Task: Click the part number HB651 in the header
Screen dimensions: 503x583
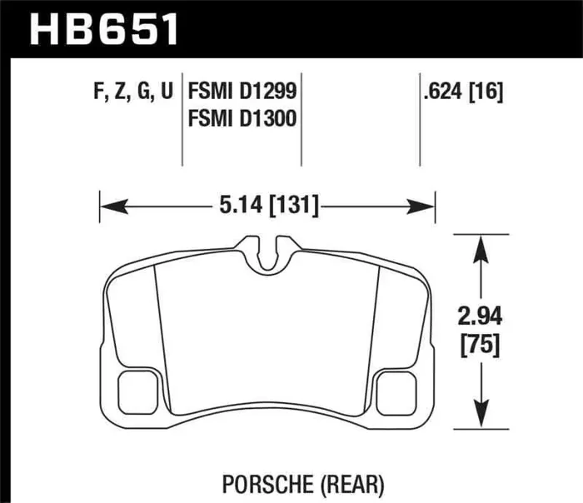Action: click(104, 29)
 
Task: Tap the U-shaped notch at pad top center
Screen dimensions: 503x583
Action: click(267, 253)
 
